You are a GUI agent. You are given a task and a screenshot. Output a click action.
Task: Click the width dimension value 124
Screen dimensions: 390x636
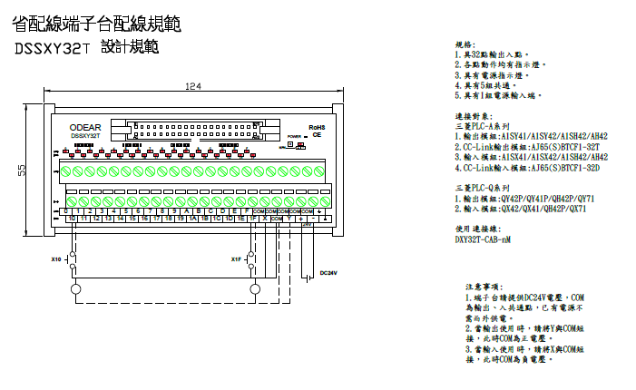click(192, 86)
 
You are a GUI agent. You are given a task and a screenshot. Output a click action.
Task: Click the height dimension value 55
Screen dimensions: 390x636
click(23, 170)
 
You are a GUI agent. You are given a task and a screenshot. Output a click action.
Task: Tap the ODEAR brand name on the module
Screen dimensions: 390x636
click(85, 128)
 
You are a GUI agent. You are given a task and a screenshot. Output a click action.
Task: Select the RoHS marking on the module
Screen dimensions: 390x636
click(317, 127)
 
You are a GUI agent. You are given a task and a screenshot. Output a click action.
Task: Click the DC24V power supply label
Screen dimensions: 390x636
click(328, 273)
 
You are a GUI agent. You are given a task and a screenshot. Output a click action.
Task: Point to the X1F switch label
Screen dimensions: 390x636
click(236, 260)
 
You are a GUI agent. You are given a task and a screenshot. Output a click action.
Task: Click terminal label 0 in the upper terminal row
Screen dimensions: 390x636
click(71, 211)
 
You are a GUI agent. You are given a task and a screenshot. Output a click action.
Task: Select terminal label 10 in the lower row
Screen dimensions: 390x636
click(71, 219)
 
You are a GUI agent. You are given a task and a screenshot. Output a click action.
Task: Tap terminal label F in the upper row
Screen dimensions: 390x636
click(247, 211)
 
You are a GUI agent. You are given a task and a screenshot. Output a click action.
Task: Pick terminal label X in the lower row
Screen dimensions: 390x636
click(264, 219)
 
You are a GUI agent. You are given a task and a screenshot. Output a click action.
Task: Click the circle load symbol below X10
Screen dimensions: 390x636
click(73, 288)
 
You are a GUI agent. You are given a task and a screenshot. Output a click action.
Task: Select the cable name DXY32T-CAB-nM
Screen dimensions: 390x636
click(482, 240)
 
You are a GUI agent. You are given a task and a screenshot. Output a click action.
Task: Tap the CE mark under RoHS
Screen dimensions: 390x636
click(317, 134)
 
